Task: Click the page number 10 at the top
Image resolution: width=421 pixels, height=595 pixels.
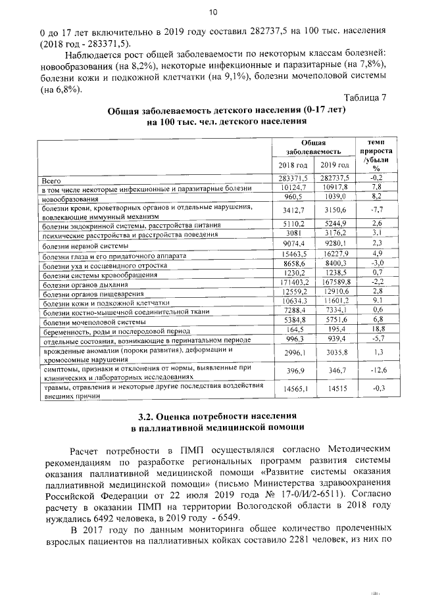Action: [x=212, y=12]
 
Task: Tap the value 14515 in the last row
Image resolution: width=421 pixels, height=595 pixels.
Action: [x=334, y=389]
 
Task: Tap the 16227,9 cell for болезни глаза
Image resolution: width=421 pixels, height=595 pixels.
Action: [x=334, y=254]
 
